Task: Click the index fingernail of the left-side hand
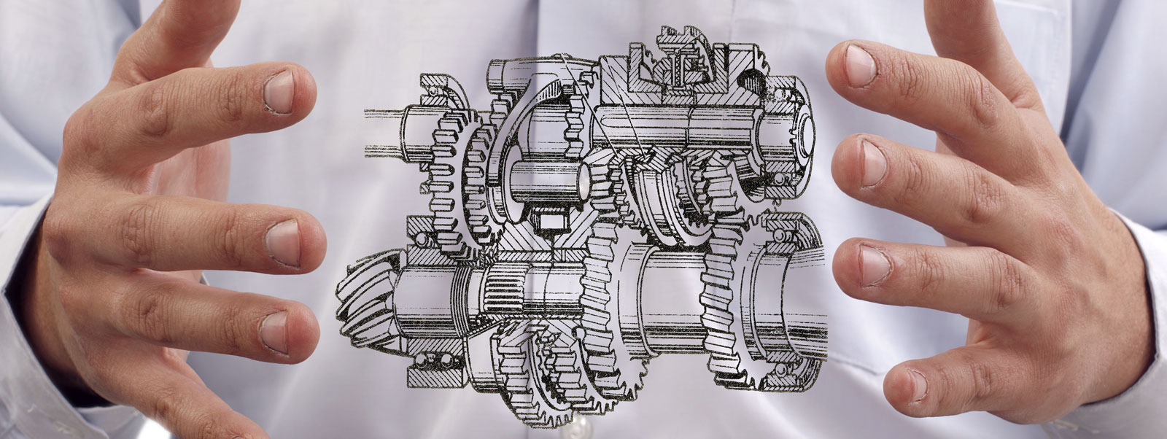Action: pyautogui.click(x=279, y=92)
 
